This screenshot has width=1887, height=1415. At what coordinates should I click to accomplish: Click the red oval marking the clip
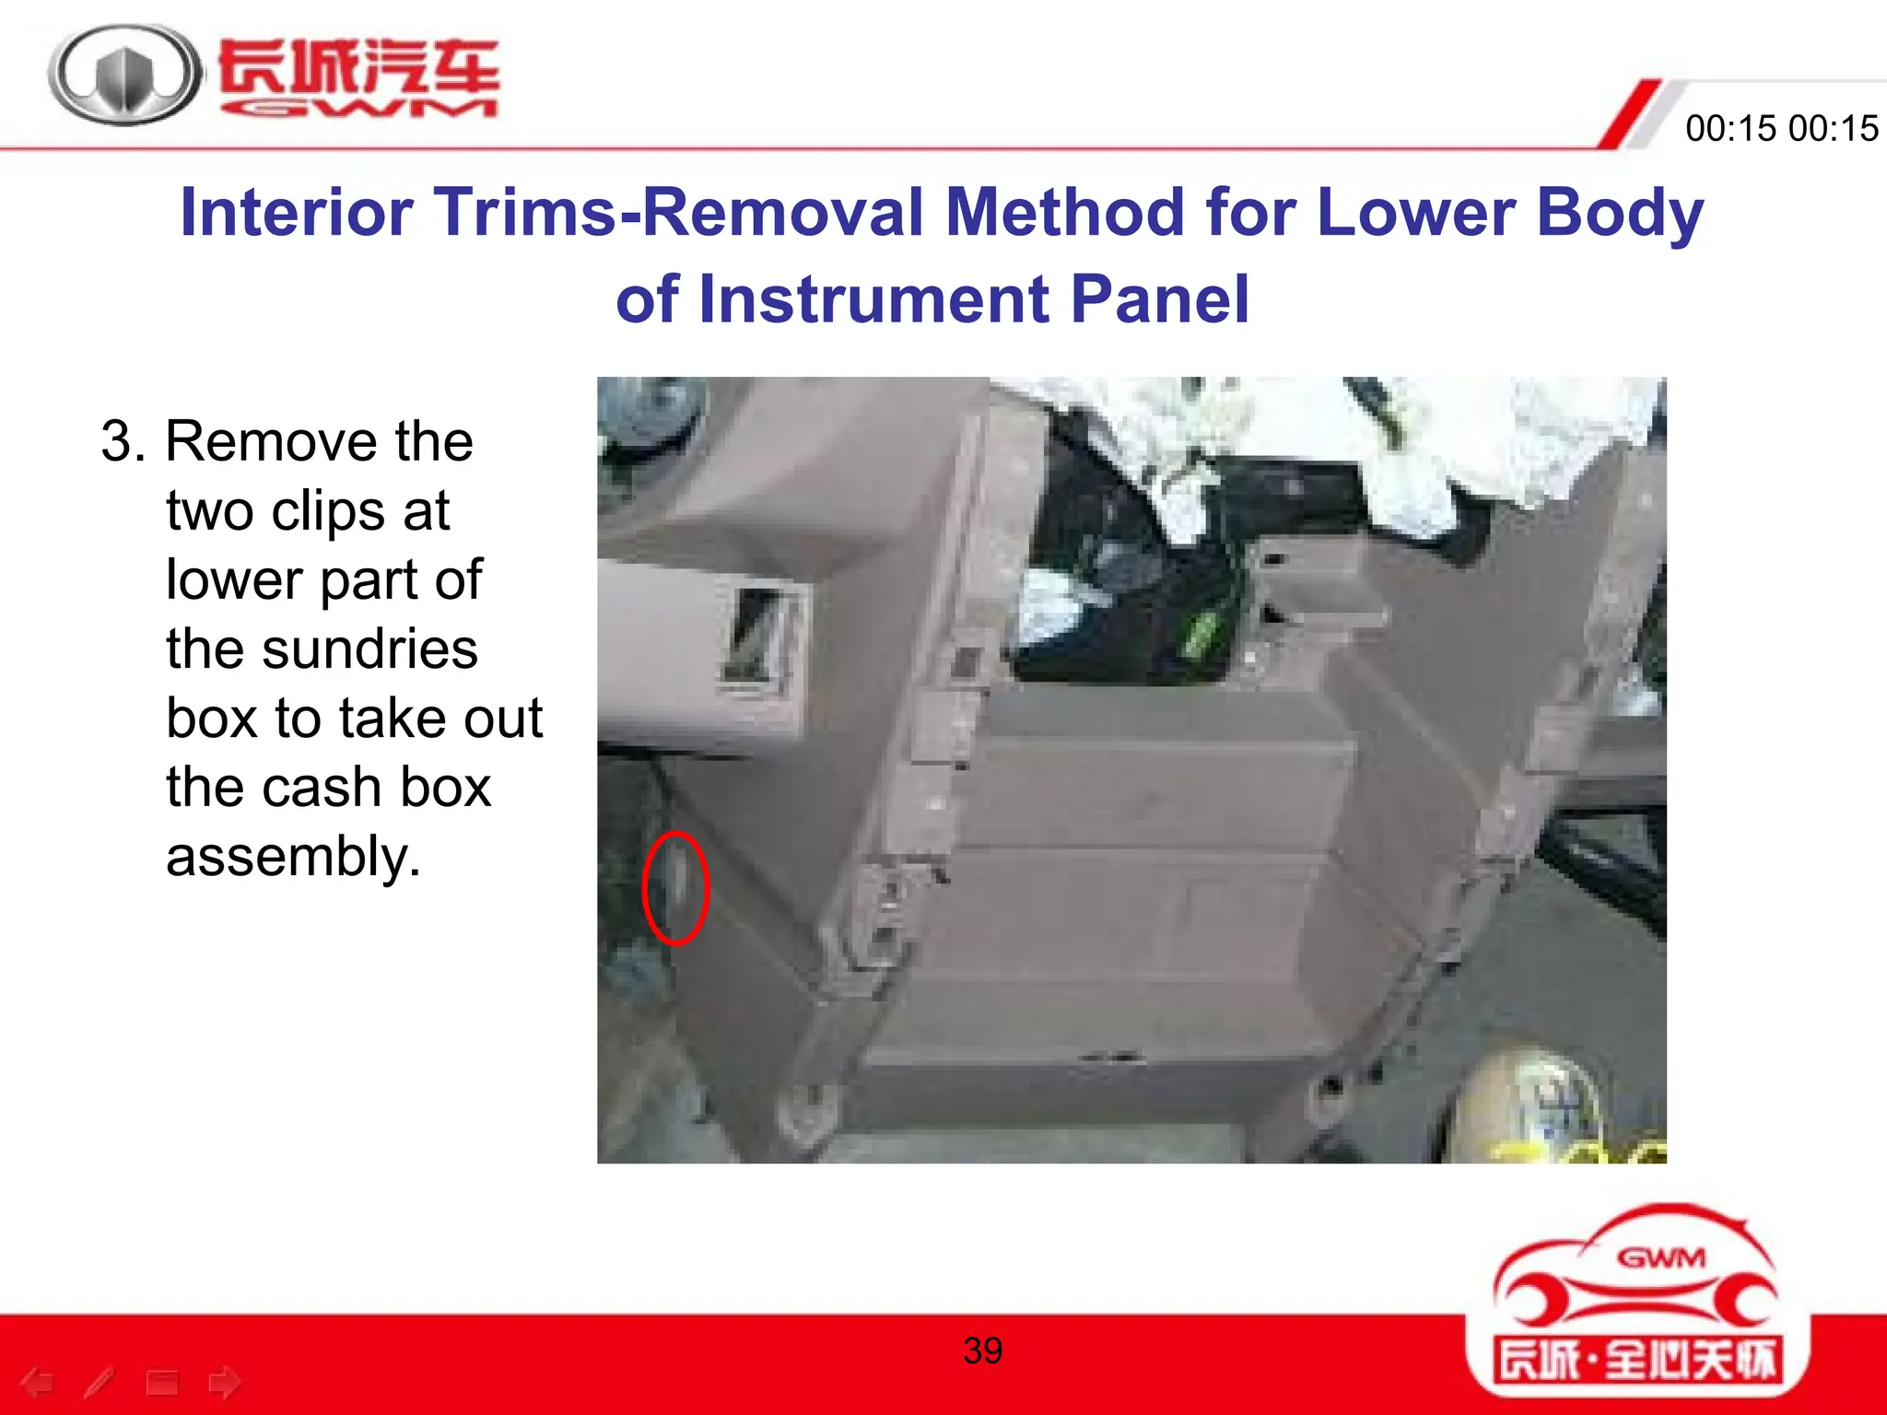pos(675,888)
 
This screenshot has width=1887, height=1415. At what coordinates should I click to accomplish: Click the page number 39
pos(982,1351)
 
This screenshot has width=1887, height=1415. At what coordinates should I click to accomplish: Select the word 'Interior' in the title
pos(297,213)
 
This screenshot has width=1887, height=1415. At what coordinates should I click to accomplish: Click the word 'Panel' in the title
pos(1159,300)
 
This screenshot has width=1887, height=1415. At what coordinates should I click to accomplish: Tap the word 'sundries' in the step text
pos(322,649)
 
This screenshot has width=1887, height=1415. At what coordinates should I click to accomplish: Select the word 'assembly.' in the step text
pos(293,857)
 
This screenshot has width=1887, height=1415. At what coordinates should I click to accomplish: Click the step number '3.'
pos(123,441)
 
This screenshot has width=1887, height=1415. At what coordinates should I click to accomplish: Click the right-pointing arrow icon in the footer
pos(224,1382)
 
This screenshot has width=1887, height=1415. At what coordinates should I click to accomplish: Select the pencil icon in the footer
pos(100,1382)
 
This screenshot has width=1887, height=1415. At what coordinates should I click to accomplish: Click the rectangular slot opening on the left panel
pos(757,636)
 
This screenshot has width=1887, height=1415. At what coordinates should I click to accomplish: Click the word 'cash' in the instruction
pos(308,788)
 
